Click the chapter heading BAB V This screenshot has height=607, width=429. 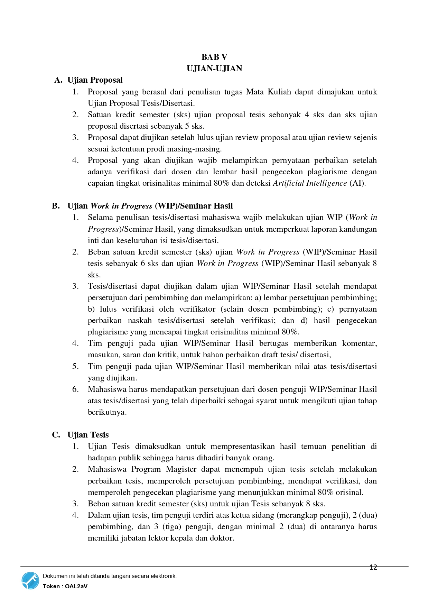click(214, 57)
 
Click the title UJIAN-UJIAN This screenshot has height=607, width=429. click(214, 68)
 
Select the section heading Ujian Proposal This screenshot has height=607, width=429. click(95, 80)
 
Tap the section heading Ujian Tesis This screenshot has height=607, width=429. click(88, 435)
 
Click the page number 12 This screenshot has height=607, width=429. click(373, 567)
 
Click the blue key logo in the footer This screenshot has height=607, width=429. click(30, 581)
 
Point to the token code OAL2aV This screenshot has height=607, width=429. click(76, 586)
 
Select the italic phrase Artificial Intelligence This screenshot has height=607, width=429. click(310, 183)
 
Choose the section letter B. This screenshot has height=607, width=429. click(56, 206)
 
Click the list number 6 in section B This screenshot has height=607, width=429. click(75, 389)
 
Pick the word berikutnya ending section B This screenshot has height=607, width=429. click(107, 412)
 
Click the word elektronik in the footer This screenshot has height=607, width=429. click(164, 576)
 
